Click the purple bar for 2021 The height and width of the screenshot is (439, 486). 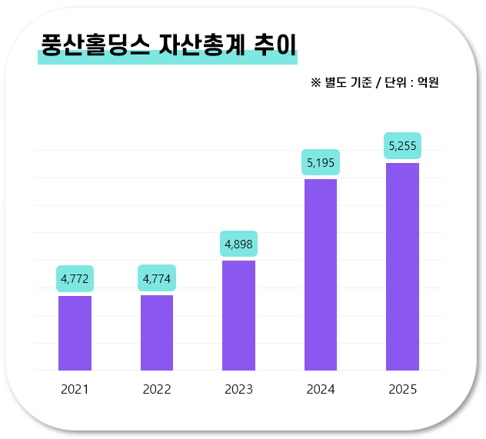(x=75, y=333)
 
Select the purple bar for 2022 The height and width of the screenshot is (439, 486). (x=157, y=332)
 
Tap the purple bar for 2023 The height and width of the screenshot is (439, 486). (x=238, y=315)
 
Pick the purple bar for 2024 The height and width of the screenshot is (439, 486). (x=321, y=274)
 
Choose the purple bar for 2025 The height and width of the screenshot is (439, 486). (x=402, y=266)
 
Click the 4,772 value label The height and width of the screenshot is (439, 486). (x=75, y=278)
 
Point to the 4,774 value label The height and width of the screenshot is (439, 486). (x=157, y=278)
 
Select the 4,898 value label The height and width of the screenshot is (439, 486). (x=238, y=244)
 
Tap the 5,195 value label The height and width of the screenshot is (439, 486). (x=321, y=162)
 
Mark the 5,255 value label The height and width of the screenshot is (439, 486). (x=402, y=145)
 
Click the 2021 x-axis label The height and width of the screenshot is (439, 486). (x=75, y=390)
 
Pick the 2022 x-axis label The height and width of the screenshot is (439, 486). (x=157, y=390)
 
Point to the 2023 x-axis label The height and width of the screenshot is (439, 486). (x=238, y=390)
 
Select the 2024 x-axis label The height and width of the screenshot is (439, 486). (x=321, y=390)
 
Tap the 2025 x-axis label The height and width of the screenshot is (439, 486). (x=402, y=390)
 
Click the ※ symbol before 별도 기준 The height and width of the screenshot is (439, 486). (x=315, y=82)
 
